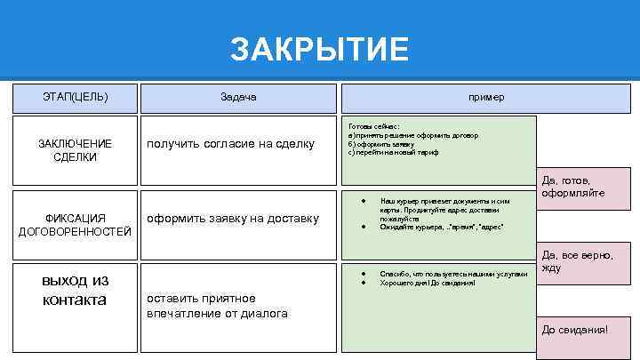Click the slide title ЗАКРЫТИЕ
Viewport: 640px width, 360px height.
(x=319, y=50)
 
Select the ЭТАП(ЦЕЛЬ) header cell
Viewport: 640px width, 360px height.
(x=76, y=96)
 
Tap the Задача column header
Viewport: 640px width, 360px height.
(x=238, y=96)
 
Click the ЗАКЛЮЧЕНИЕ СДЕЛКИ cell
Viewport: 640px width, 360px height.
(x=76, y=149)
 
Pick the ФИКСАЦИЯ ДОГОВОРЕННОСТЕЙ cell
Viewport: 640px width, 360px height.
(x=76, y=225)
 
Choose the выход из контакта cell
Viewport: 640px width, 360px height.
(x=76, y=290)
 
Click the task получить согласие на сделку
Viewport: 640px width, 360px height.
(x=230, y=143)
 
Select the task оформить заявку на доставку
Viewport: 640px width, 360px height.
(x=232, y=218)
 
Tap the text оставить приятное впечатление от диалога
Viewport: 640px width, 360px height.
(x=217, y=305)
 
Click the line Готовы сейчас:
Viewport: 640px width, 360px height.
(x=374, y=127)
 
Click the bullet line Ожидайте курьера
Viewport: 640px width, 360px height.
(x=442, y=228)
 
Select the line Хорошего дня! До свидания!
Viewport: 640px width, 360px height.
(x=428, y=283)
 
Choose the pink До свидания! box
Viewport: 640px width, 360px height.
(x=575, y=330)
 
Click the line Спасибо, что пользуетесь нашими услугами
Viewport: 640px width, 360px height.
(x=453, y=274)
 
